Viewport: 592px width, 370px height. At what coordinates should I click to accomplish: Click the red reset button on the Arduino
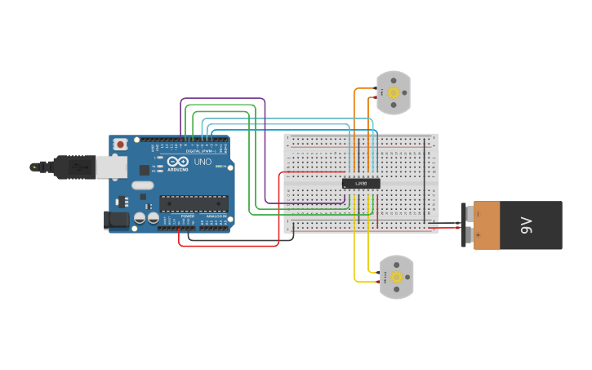121,144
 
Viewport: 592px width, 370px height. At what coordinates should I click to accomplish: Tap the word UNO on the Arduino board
202,162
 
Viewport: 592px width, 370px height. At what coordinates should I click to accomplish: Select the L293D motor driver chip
360,183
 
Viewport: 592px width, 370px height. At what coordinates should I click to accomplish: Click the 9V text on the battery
527,225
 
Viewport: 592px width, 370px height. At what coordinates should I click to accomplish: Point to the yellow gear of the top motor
394,92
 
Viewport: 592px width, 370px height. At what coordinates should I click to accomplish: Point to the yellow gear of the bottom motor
397,277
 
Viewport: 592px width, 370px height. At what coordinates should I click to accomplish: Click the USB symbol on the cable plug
78,167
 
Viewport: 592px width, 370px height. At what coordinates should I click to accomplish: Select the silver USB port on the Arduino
112,167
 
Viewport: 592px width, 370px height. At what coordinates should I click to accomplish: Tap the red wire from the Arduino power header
229,245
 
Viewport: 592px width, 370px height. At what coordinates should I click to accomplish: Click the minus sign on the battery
478,214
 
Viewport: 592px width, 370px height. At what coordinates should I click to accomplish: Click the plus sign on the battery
478,235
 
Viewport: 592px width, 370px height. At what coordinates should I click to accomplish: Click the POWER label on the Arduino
187,216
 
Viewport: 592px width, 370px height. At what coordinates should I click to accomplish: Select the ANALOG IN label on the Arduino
214,216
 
